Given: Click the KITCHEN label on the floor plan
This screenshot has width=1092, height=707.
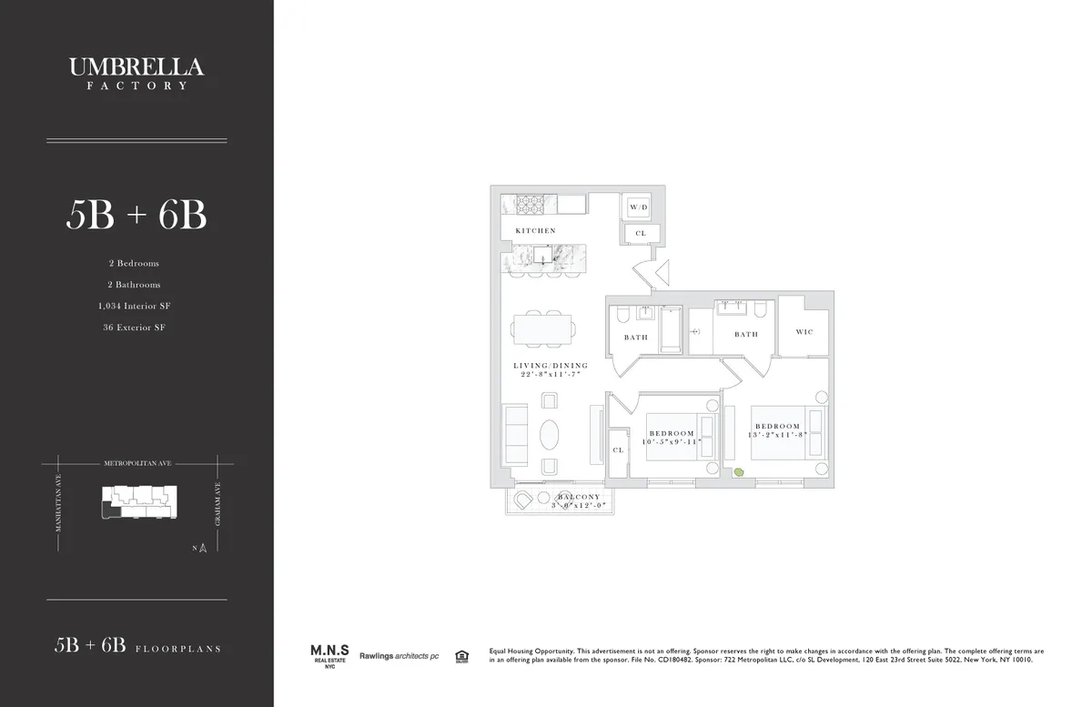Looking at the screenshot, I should tap(535, 231).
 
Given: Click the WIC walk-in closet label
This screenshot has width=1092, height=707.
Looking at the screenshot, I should tap(804, 332).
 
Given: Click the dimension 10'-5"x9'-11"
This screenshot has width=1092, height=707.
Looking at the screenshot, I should tap(672, 442).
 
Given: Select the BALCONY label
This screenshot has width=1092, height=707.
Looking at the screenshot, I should tap(578, 497).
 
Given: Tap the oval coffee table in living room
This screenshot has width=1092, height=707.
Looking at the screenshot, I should tap(551, 434).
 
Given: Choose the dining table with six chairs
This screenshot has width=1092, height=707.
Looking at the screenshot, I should tap(542, 328).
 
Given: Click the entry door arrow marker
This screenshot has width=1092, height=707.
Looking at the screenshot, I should tap(662, 271).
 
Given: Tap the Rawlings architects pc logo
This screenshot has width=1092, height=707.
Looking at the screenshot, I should tap(399, 655).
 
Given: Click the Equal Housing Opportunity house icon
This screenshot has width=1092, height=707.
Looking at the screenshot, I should tap(461, 655).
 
